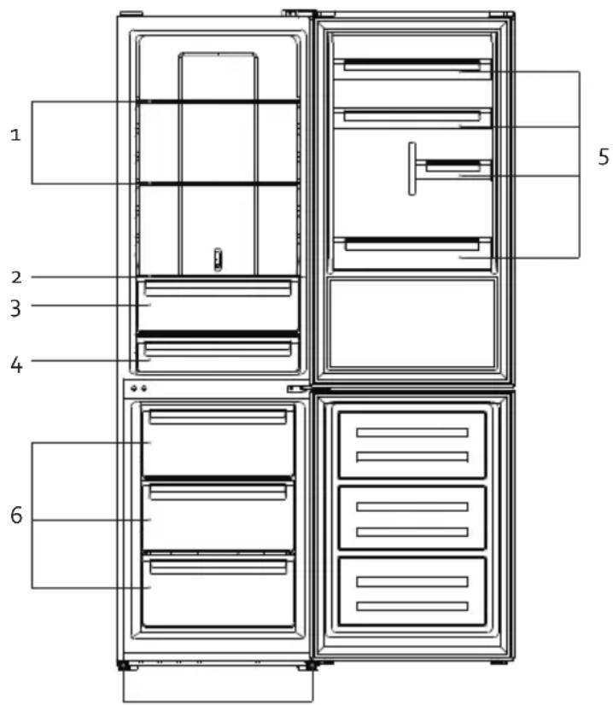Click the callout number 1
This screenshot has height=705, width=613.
15,135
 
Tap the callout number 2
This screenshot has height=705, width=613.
16,277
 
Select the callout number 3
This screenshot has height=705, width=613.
15,308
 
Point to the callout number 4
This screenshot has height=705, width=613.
16,364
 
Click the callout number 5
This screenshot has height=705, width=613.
604,157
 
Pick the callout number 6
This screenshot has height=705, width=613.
16,516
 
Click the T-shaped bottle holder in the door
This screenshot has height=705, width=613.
412,169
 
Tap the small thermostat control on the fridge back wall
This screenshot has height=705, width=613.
218,259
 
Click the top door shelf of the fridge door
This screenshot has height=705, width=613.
412,69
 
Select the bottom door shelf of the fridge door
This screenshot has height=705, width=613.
412,253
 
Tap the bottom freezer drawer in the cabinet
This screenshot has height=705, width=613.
218,591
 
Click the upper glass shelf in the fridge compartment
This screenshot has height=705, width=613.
218,102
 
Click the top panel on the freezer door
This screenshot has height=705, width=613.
412,445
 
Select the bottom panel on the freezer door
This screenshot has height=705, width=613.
412,591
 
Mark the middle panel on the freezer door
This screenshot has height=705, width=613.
412,517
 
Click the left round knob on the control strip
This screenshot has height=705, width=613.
133,388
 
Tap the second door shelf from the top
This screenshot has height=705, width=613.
412,119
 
